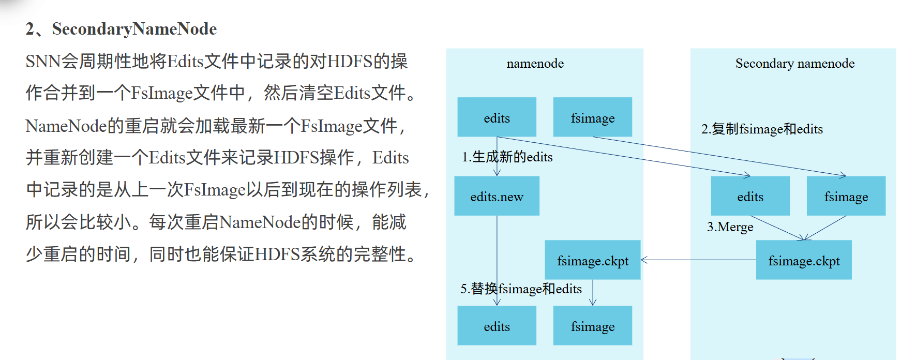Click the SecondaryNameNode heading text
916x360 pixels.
[x=134, y=29]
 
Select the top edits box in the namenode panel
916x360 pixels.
[x=497, y=117]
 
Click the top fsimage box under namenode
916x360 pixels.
[x=592, y=117]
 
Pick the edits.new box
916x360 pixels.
[x=497, y=196]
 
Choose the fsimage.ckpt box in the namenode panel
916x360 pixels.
[x=592, y=260]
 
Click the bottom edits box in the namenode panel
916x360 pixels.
[x=497, y=326]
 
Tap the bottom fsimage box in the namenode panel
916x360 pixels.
[x=592, y=326]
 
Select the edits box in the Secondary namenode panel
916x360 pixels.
[x=750, y=196]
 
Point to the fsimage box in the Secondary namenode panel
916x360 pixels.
[x=846, y=196]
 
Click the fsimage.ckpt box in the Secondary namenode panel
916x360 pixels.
[x=803, y=260]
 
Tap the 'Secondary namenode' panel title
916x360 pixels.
[x=794, y=64]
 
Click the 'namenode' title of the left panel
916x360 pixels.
[x=535, y=64]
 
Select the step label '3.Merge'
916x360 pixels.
[x=730, y=227]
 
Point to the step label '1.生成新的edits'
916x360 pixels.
[x=507, y=157]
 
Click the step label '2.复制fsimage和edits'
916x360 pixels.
[x=761, y=129]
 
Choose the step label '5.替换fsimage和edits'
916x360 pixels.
[x=521, y=289]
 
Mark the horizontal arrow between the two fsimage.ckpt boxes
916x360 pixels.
[x=698, y=260]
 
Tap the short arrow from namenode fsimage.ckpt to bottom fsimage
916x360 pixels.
[x=593, y=293]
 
